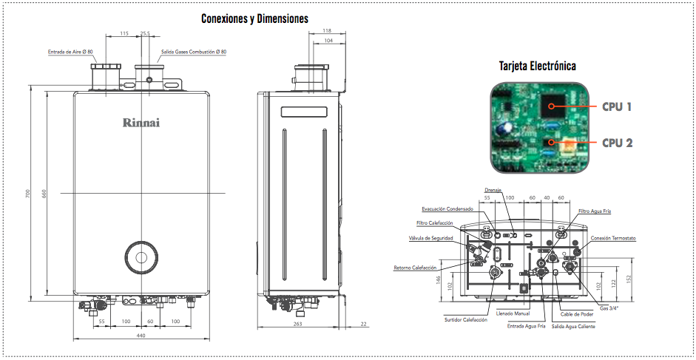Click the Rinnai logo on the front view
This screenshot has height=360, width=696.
(x=141, y=123)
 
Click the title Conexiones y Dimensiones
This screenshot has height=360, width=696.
(x=254, y=18)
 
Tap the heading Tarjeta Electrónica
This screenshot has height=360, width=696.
(x=538, y=66)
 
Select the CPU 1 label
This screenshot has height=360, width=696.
(x=617, y=106)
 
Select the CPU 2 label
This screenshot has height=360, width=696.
(x=617, y=143)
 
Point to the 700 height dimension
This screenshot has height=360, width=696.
(x=27, y=194)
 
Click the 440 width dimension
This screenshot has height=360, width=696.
(x=141, y=336)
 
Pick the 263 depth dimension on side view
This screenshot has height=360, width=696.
(x=298, y=324)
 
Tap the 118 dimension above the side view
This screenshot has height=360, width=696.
(x=327, y=30)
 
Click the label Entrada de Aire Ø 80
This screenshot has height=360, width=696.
(x=70, y=52)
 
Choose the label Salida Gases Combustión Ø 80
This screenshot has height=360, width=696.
(x=194, y=52)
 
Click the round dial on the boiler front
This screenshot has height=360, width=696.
(x=141, y=257)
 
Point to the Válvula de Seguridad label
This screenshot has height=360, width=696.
(x=430, y=238)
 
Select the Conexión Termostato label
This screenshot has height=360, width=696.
(x=613, y=238)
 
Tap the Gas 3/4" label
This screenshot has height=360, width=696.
(x=609, y=308)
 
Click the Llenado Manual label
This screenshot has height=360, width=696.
(x=513, y=313)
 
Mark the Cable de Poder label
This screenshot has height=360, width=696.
(x=577, y=314)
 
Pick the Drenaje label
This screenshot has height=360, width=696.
(x=493, y=190)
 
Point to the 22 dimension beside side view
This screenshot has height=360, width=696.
(x=364, y=324)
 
